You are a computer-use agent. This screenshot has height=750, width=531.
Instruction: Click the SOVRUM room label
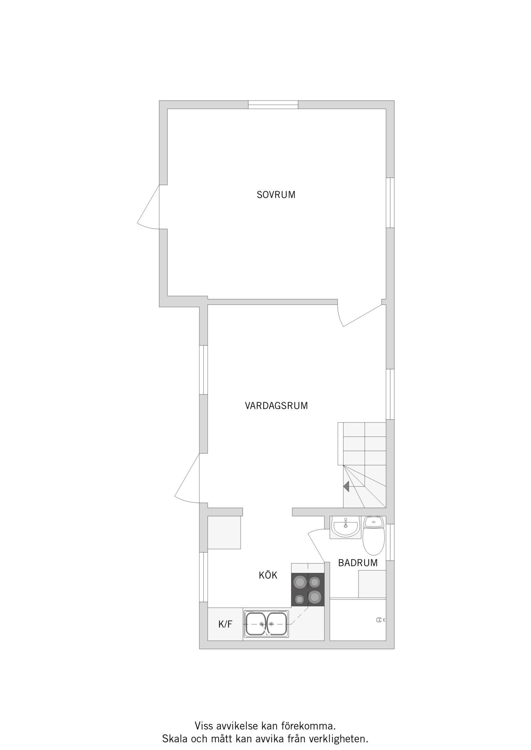tap(276, 195)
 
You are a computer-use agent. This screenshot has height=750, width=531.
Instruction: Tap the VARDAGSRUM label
tap(276, 406)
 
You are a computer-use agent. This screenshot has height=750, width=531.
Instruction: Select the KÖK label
tap(268, 575)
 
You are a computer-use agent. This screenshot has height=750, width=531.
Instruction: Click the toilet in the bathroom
tap(373, 535)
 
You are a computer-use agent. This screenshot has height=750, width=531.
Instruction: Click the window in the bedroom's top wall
tap(273, 105)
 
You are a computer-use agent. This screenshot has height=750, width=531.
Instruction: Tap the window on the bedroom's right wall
tap(390, 203)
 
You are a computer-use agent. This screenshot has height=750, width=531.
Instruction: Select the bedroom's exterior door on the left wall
tap(148, 207)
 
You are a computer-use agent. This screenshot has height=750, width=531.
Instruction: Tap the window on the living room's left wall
tap(203, 370)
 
